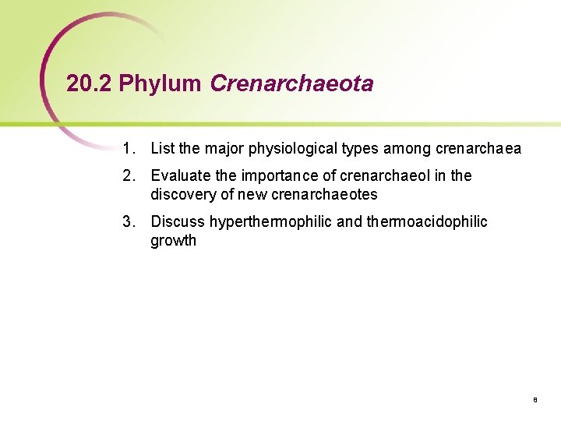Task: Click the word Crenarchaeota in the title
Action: click(x=291, y=84)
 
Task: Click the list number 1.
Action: click(x=127, y=148)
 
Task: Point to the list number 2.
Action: click(x=127, y=176)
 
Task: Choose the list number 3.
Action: click(x=127, y=222)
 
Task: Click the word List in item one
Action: click(x=163, y=148)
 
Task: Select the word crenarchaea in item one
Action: click(x=478, y=148)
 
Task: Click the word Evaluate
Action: click(x=179, y=176)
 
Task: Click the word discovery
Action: click(x=180, y=194)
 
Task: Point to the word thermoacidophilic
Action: click(x=427, y=222)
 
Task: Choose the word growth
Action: click(x=173, y=241)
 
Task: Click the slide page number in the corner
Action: click(x=535, y=400)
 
